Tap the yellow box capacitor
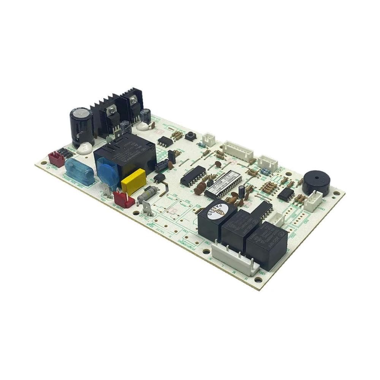tap(133, 182)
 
